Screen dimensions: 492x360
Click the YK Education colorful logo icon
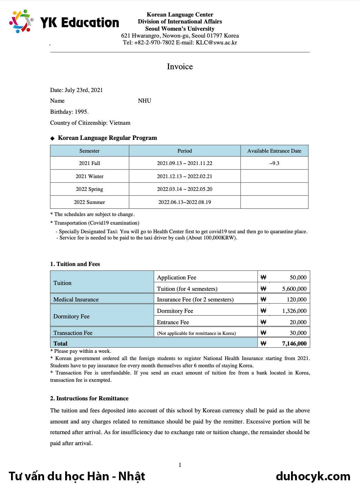coord(21,21)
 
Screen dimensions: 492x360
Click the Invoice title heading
coord(180,66)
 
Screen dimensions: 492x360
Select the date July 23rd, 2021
coord(84,90)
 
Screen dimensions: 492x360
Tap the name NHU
coord(144,101)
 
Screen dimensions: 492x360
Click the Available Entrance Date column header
coord(274,151)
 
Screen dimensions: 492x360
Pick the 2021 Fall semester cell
coord(89,163)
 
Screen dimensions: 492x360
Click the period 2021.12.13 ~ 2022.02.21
coord(184,176)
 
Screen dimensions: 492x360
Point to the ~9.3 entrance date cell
coord(274,163)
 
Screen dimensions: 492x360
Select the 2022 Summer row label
coord(89,202)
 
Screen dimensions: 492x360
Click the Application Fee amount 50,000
coord(298,277)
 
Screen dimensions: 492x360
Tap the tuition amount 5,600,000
coord(294,289)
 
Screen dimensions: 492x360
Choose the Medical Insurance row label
coord(76,299)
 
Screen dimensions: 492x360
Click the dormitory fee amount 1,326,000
coord(294,311)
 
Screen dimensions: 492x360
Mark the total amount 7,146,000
coord(294,344)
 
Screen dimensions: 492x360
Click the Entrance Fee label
coord(173,322)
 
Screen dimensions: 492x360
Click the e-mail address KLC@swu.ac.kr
coord(216,43)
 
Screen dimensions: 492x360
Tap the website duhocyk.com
coord(313,476)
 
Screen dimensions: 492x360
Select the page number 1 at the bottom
coord(180,465)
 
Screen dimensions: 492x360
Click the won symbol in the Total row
coord(263,344)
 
